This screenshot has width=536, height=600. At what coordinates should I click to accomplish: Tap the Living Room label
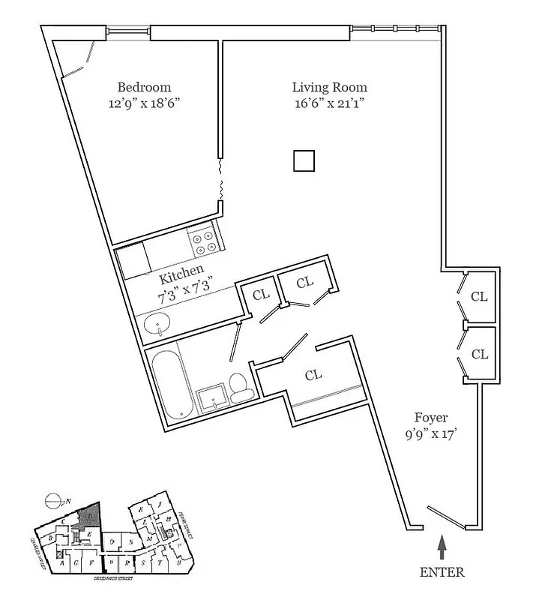329,87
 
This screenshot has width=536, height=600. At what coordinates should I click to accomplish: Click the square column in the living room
304,161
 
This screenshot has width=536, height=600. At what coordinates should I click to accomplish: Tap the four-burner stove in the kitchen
203,241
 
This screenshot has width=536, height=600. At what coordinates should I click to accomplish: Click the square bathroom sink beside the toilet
212,397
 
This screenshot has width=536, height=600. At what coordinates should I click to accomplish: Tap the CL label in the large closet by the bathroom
314,373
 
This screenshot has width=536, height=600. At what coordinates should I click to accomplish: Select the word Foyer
432,417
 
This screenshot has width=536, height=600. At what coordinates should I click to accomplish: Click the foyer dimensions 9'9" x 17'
432,433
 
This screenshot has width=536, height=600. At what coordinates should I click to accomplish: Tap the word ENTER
442,572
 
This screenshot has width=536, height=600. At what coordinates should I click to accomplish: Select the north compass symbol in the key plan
52,499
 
